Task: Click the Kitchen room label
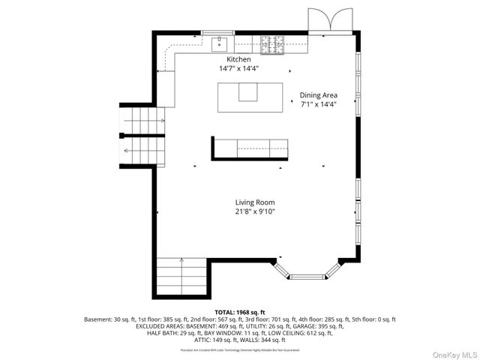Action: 239,59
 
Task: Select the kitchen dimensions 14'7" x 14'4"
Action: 239,68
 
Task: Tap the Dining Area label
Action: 319,95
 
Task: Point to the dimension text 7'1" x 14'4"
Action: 319,104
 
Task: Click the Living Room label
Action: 255,202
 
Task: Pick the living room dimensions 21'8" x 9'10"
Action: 255,211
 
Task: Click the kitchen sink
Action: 220,41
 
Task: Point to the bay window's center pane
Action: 308,276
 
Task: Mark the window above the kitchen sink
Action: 218,31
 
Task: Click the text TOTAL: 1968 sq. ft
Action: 240,311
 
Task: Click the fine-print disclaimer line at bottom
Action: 240,349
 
